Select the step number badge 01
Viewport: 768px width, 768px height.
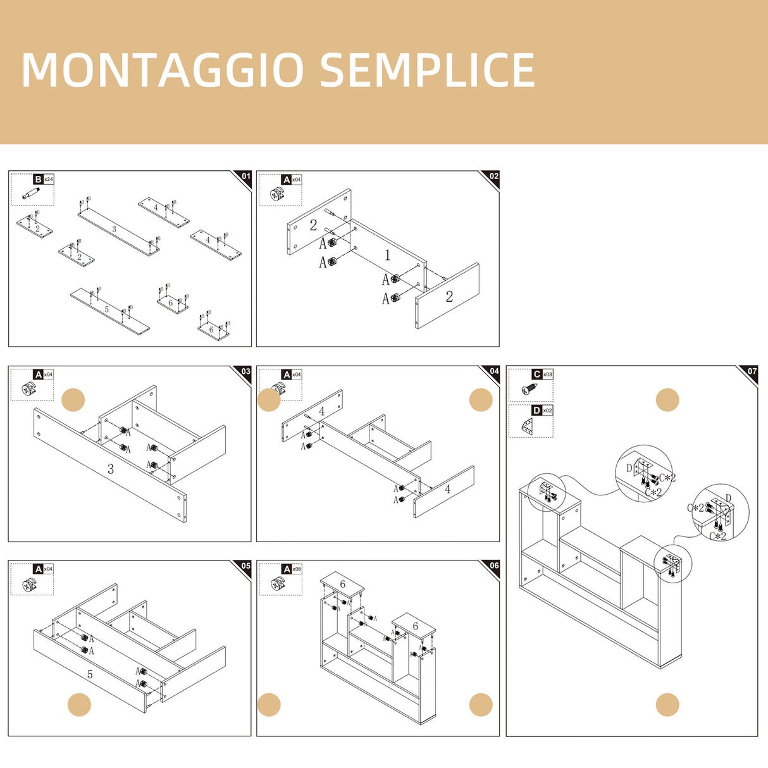point(245,177)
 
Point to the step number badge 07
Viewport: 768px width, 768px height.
point(752,371)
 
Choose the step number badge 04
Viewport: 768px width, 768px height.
point(493,371)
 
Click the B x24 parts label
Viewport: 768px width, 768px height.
point(44,180)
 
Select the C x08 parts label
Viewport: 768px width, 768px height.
point(542,375)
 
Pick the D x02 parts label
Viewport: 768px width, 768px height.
point(542,411)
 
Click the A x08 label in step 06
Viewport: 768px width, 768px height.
point(292,569)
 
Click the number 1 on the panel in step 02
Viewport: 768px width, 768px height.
point(388,255)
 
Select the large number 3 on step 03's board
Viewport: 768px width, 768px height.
point(111,469)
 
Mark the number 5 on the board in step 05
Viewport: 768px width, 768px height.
point(90,674)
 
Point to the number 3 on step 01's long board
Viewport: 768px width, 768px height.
point(114,229)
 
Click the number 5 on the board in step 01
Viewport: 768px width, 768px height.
point(106,309)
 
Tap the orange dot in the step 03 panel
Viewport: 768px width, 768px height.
point(73,400)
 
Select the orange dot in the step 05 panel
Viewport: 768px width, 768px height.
point(79,705)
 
